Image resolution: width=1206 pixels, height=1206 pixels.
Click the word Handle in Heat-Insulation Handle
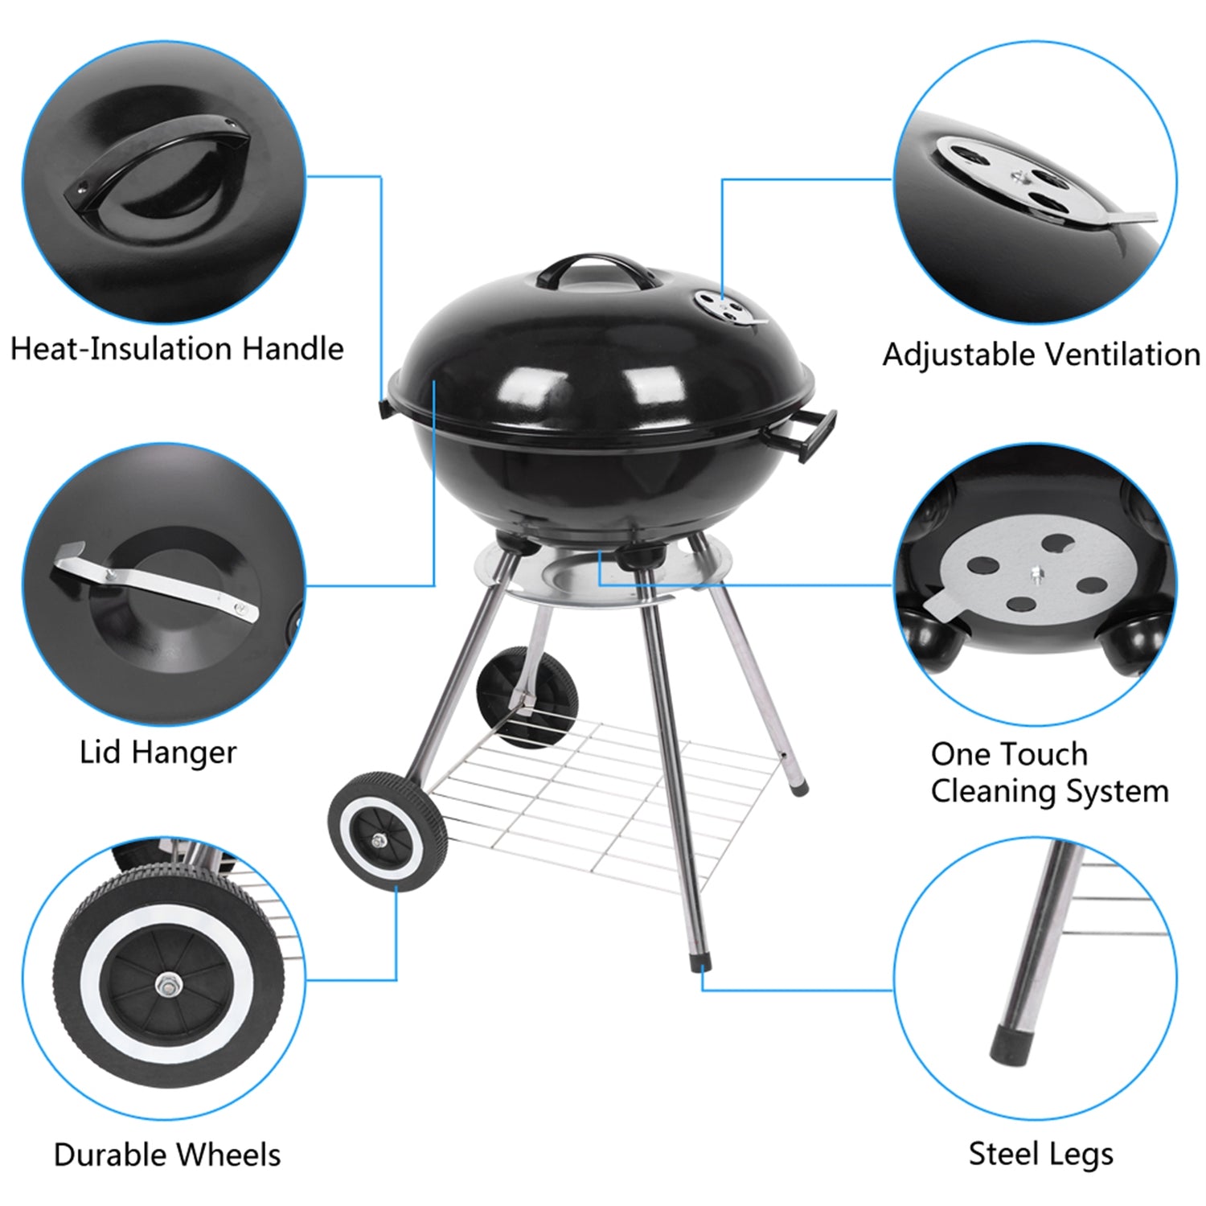(293, 349)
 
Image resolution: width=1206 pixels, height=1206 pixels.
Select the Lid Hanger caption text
(158, 753)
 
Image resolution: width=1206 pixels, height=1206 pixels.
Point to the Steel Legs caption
(1040, 1154)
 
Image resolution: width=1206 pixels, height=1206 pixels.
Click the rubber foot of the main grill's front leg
(702, 962)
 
